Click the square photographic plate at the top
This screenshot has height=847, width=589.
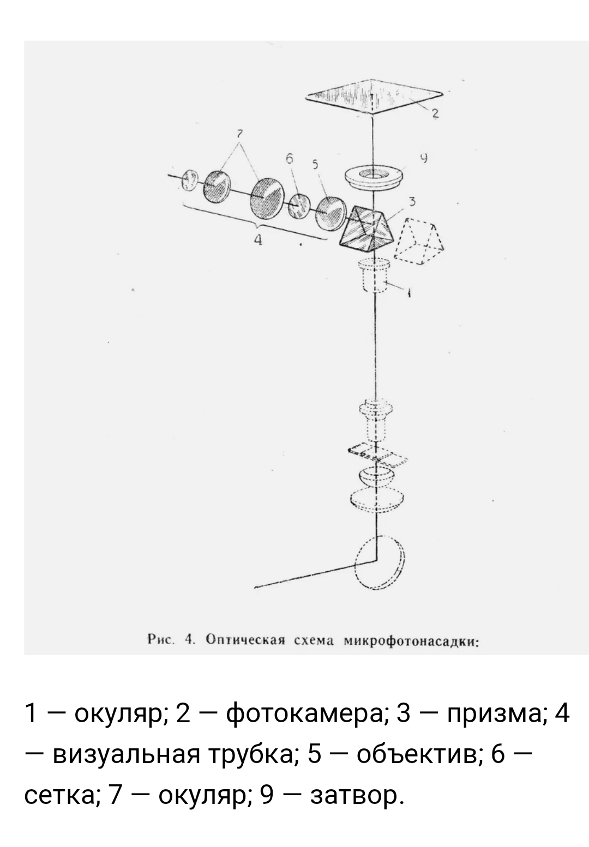coord(374,96)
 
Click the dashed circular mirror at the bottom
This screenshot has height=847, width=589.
coord(380,562)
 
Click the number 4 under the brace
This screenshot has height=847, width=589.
coord(258,239)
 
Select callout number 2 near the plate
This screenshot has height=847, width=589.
coord(435,113)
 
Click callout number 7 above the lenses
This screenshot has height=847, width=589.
coord(239,134)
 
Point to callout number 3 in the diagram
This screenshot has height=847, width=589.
coord(412,202)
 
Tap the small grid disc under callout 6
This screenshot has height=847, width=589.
coord(299,206)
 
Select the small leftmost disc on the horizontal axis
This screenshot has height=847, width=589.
coord(190,180)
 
